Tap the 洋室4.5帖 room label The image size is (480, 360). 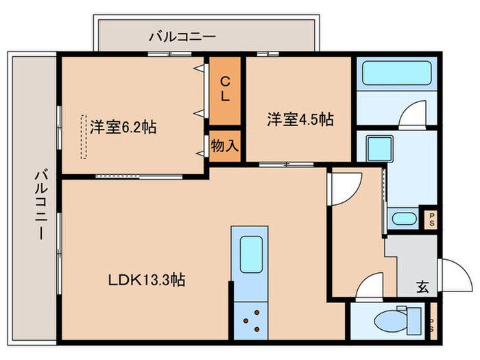tap(300, 119)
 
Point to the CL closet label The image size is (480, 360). tap(225, 88)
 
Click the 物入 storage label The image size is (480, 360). tap(225, 145)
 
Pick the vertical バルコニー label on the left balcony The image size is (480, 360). tap(39, 205)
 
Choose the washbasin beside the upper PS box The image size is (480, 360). tap(404, 219)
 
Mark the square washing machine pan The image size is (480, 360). tap(376, 147)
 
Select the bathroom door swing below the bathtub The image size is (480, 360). tap(412, 112)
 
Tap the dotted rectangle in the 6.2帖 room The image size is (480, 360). tap(84, 135)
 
